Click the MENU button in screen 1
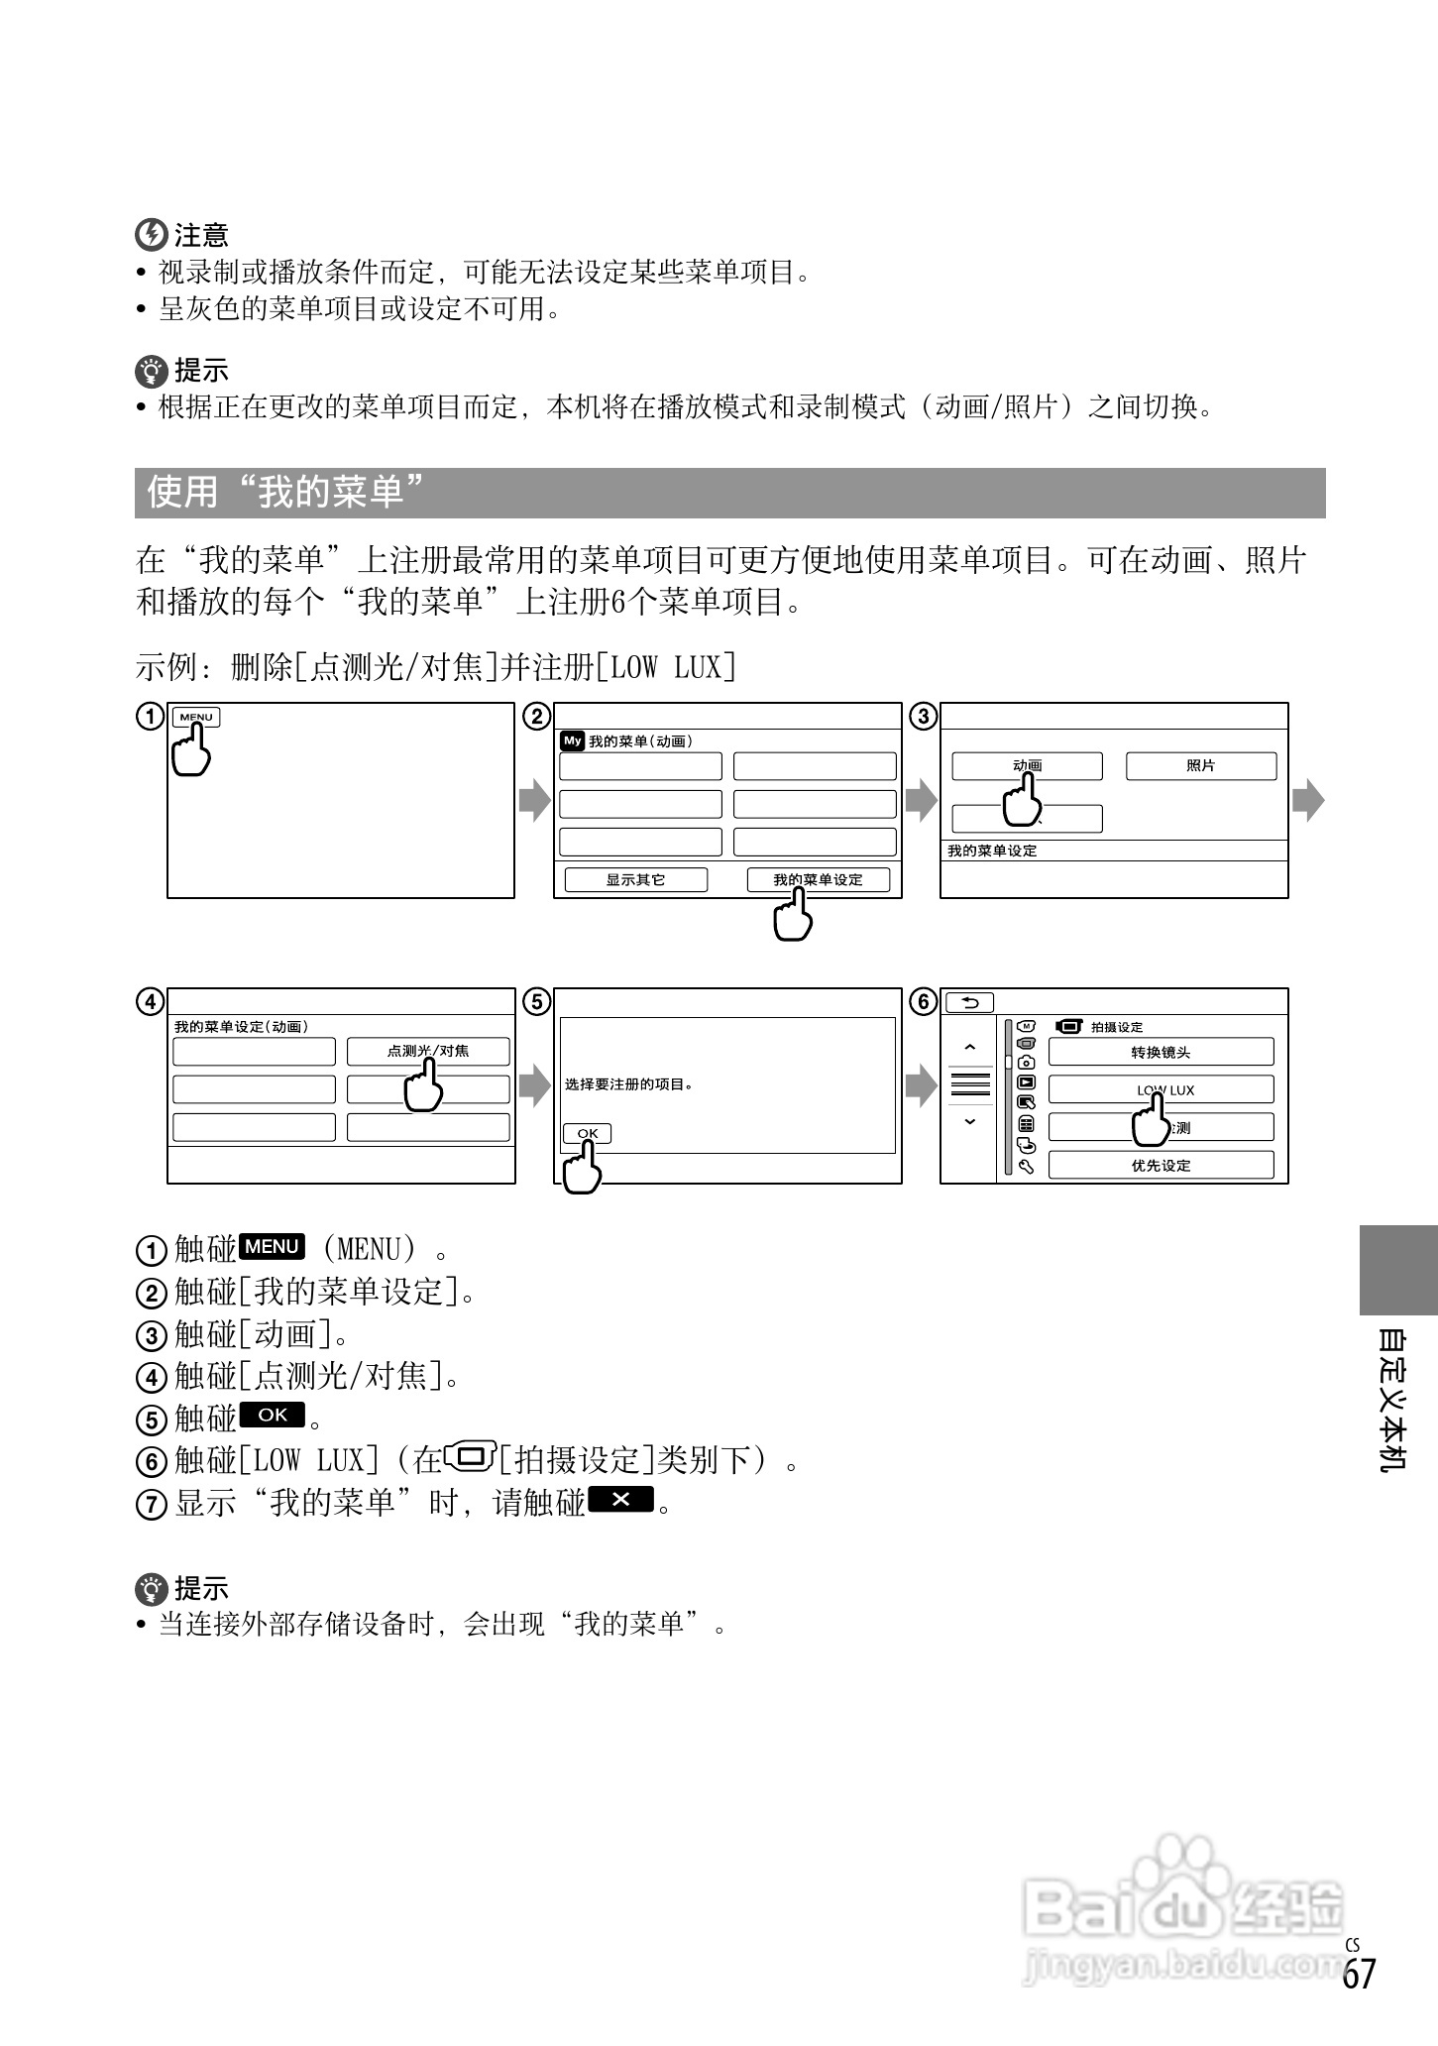click(196, 718)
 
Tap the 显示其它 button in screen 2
click(636, 879)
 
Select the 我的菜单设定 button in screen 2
click(819, 879)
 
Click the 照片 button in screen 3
click(1200, 766)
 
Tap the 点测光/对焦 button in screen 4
click(428, 1051)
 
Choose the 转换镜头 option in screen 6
click(1161, 1052)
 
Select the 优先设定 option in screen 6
click(1161, 1166)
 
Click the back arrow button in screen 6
click(970, 1003)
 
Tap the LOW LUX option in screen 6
click(1161, 1089)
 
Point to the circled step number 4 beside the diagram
click(150, 1002)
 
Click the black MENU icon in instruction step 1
click(273, 1247)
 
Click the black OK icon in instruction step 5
click(273, 1416)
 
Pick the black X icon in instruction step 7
click(620, 1500)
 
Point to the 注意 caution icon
click(151, 235)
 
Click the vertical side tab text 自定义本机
click(1393, 1399)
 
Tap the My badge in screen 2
click(572, 740)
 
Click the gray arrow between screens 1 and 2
click(534, 800)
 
